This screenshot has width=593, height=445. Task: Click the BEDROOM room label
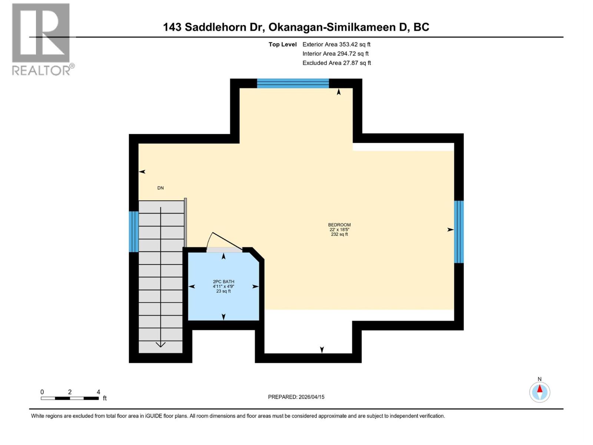point(339,225)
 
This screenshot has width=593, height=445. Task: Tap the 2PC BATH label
point(223,282)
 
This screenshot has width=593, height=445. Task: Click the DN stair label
point(160,188)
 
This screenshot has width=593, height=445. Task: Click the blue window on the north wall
point(293,83)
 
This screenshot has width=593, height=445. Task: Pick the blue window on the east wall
point(459,232)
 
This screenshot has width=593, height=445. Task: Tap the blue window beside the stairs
point(133,231)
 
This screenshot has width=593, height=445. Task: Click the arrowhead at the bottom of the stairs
point(160,345)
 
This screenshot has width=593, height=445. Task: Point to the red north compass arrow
point(540,389)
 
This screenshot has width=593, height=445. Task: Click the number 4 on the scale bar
point(98,392)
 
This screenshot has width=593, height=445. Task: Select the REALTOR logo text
point(43,70)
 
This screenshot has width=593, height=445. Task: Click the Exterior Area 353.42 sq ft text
point(336,44)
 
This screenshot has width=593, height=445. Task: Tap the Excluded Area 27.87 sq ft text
point(337,63)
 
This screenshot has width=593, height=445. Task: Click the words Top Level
point(282,44)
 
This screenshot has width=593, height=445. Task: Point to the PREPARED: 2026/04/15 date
point(296,397)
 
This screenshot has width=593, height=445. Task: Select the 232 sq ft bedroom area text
point(339,234)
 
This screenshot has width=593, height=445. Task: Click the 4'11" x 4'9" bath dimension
point(223,287)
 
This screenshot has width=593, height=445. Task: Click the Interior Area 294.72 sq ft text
point(335,54)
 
